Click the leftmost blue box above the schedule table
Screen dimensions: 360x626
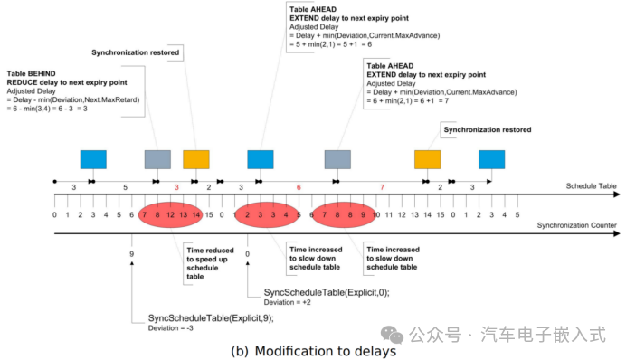click(93, 159)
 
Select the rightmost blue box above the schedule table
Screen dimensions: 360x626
click(492, 159)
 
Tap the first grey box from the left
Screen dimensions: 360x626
click(157, 159)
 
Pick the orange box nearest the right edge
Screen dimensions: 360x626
click(428, 159)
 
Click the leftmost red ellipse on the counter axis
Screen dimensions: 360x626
click(171, 215)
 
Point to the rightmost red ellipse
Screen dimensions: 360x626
click(343, 215)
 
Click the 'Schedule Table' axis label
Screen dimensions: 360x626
click(591, 186)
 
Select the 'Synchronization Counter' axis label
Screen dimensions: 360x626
click(576, 224)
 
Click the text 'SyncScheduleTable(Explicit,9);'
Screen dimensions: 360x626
click(210, 318)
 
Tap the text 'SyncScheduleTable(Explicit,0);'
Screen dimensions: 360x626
click(326, 293)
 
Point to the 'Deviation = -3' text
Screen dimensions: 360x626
click(172, 329)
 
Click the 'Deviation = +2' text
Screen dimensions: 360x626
click(286, 304)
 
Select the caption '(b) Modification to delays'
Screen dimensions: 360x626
click(313, 351)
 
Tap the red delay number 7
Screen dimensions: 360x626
click(382, 186)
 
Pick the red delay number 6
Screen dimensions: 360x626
click(298, 186)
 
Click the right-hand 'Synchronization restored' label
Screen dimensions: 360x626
click(487, 129)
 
